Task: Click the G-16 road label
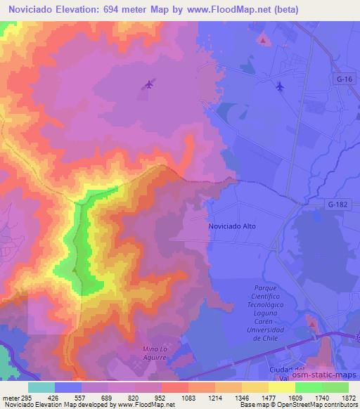pyautogui.click(x=344, y=79)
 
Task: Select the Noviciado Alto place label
pyautogui.click(x=232, y=226)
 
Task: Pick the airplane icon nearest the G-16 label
pyautogui.click(x=281, y=86)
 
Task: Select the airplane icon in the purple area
pyautogui.click(x=148, y=85)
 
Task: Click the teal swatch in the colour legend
pyautogui.click(x=41, y=387)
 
